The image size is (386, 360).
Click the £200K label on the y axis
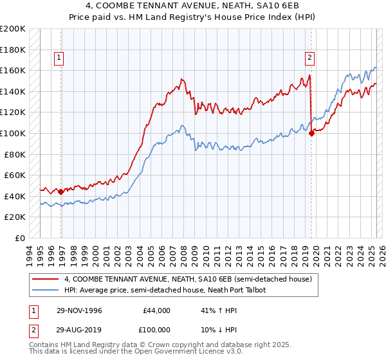[x=13, y=29]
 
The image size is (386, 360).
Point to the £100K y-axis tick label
[x=13, y=133]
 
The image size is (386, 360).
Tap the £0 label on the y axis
[x=20, y=238]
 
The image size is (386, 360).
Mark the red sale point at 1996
[x=61, y=192]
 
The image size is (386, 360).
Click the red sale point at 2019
[x=311, y=133]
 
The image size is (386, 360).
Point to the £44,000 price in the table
[x=156, y=310]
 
